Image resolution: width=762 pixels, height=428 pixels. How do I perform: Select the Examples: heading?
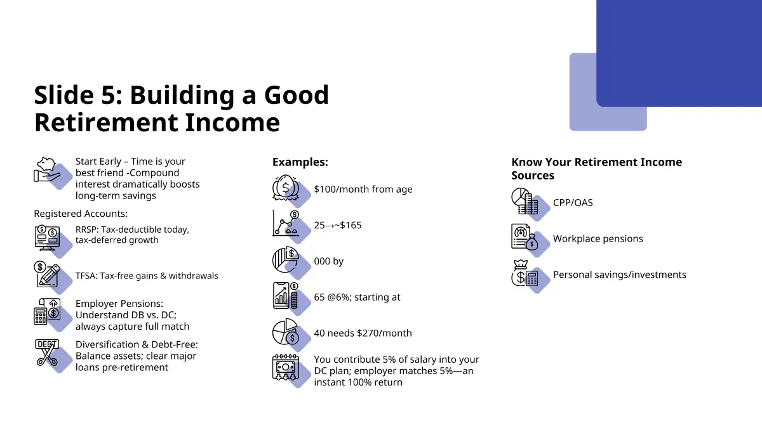click(300, 162)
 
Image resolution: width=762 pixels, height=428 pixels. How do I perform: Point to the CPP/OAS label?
click(573, 202)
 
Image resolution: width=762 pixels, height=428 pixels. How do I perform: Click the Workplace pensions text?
click(598, 238)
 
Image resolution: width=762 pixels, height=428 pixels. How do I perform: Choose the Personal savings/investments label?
click(620, 275)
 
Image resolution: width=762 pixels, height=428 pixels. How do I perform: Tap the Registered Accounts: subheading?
click(81, 214)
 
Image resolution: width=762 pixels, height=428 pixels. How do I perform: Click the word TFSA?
click(85, 275)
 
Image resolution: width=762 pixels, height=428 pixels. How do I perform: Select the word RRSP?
click(86, 230)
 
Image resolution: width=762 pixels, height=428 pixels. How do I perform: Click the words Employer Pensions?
click(119, 303)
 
